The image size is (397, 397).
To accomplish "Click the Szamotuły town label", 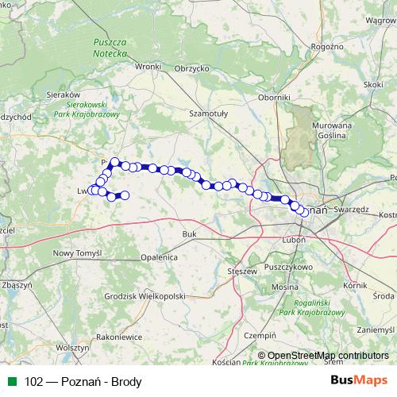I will point(207,114).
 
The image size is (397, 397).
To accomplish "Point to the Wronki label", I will point(148,67).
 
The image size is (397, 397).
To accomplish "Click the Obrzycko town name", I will point(191,68).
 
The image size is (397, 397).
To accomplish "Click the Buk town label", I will point(189,234).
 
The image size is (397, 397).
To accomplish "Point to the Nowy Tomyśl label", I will point(78,252).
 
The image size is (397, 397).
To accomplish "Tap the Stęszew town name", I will point(241,272).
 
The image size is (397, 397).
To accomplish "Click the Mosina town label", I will point(284,286).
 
